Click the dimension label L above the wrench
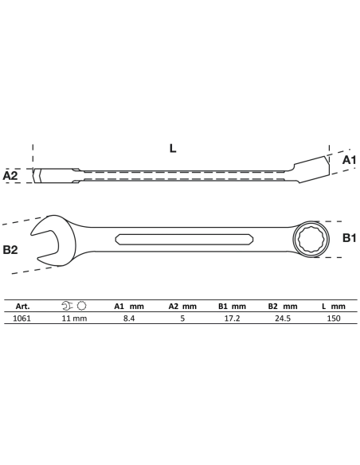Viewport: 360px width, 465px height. click(173, 148)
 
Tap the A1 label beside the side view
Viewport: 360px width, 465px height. click(349, 160)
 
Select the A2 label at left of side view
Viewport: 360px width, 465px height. click(10, 176)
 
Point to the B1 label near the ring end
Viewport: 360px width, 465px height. click(349, 238)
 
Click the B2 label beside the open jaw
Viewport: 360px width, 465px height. click(10, 250)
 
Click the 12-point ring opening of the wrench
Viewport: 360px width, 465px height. click(310, 239)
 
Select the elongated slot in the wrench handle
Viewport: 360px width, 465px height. click(184, 240)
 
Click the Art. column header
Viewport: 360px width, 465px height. click(23, 307)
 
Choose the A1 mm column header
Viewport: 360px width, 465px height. click(129, 307)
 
